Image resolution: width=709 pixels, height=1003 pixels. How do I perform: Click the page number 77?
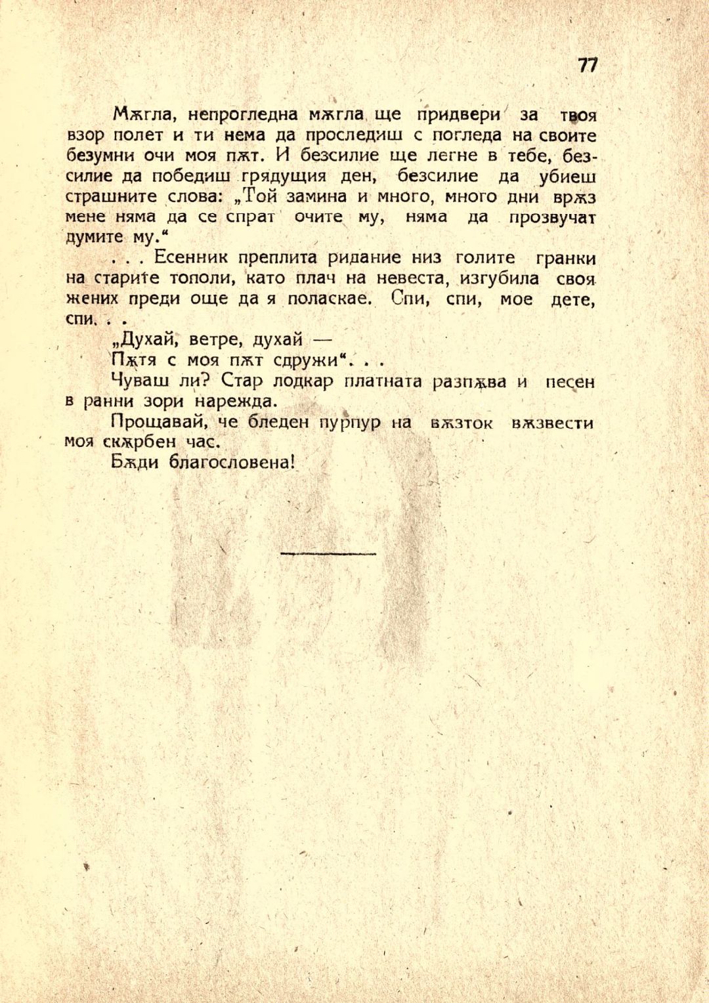pos(588,65)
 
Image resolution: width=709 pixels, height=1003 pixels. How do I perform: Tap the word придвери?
pos(459,114)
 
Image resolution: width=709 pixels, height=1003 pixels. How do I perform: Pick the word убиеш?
pos(567,177)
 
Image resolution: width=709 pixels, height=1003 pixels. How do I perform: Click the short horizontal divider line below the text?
pos(328,554)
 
